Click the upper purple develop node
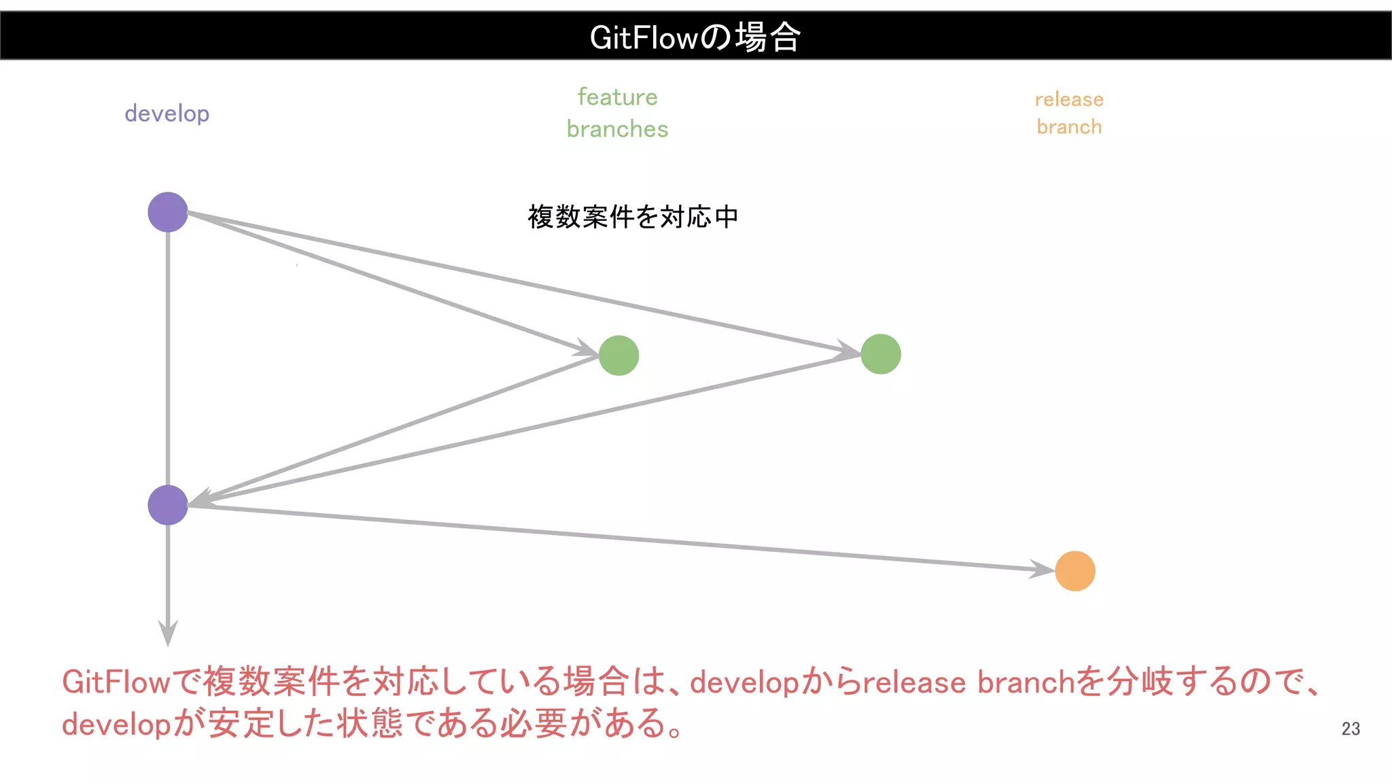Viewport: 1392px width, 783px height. click(168, 212)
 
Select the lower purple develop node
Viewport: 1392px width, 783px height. click(168, 505)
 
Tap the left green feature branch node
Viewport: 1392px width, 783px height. click(619, 355)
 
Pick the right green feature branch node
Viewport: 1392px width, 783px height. click(881, 354)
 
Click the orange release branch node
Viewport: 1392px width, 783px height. click(1075, 571)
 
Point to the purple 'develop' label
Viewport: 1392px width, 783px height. click(167, 114)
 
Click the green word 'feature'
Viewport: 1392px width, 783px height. click(617, 97)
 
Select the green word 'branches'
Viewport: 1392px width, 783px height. click(617, 129)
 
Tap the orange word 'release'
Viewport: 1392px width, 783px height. click(1069, 99)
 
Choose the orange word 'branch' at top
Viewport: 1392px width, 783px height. click(1069, 127)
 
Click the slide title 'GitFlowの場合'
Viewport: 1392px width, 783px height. click(695, 37)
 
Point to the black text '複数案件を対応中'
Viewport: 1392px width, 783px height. click(633, 217)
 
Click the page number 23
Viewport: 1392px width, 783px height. click(1351, 729)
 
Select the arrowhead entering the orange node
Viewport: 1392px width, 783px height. click(1043, 568)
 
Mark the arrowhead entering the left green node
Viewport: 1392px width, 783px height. click(588, 349)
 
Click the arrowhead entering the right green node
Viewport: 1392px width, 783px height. click(850, 350)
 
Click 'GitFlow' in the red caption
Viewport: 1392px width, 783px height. click(116, 682)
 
